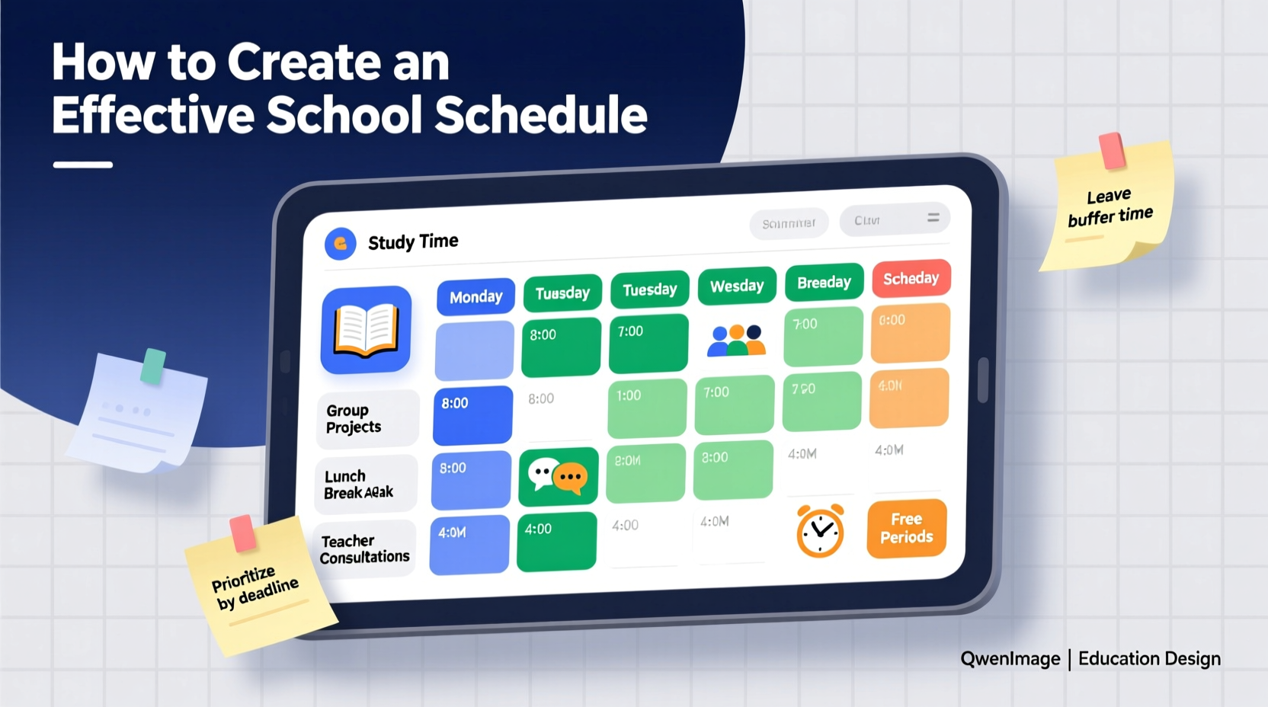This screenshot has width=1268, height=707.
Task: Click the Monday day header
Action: point(475,297)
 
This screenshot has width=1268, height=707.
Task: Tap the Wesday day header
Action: point(737,286)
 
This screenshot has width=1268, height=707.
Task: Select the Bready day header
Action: point(824,283)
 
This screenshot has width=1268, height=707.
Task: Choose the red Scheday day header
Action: point(911,279)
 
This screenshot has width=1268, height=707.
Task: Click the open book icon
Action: point(367,330)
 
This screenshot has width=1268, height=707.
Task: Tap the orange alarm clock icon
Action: point(820,531)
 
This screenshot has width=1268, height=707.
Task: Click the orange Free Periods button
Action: point(907,528)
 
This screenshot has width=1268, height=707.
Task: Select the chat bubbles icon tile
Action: point(558,477)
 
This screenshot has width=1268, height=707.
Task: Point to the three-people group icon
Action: point(735,341)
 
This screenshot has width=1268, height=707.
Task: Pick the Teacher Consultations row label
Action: point(364,549)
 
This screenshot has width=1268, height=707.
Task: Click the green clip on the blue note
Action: point(154,366)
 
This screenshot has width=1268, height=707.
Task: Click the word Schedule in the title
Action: point(540,115)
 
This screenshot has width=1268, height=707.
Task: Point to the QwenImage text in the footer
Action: point(1010,659)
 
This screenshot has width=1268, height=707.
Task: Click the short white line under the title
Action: point(83,165)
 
